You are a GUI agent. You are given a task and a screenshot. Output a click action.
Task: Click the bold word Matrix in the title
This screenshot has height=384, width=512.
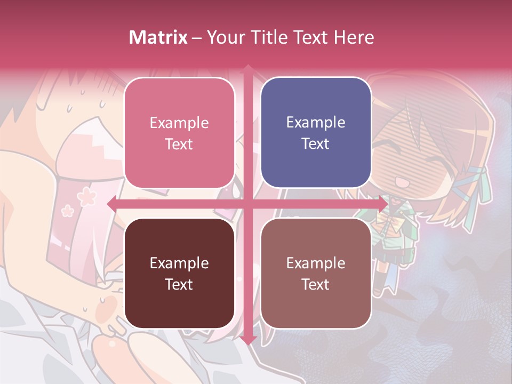click(158, 37)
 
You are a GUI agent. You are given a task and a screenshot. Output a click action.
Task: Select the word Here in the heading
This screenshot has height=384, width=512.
click(354, 37)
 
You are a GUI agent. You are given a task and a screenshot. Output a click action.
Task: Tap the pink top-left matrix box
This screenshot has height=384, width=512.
click(179, 133)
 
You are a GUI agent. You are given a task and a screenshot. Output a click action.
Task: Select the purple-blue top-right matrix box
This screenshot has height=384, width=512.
click(316, 133)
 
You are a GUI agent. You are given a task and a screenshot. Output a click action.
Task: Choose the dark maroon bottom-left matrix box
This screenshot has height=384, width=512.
click(179, 273)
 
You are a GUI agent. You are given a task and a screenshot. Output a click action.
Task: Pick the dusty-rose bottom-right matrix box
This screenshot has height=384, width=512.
click(316, 273)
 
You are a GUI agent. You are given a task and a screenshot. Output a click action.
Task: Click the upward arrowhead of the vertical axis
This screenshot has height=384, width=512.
click(247, 69)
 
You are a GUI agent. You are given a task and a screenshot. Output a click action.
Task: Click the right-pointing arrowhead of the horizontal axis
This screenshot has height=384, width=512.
click(382, 204)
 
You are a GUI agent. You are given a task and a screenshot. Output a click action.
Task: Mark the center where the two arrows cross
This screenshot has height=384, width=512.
click(247, 204)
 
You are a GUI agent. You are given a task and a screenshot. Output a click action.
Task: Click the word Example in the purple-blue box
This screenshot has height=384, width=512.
click(316, 123)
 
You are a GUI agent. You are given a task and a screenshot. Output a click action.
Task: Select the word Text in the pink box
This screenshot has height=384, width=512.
click(179, 144)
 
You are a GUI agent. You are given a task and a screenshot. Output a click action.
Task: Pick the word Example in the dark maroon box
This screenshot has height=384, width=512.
click(179, 263)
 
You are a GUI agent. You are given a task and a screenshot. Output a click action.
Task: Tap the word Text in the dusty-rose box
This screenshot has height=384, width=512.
click(316, 284)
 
